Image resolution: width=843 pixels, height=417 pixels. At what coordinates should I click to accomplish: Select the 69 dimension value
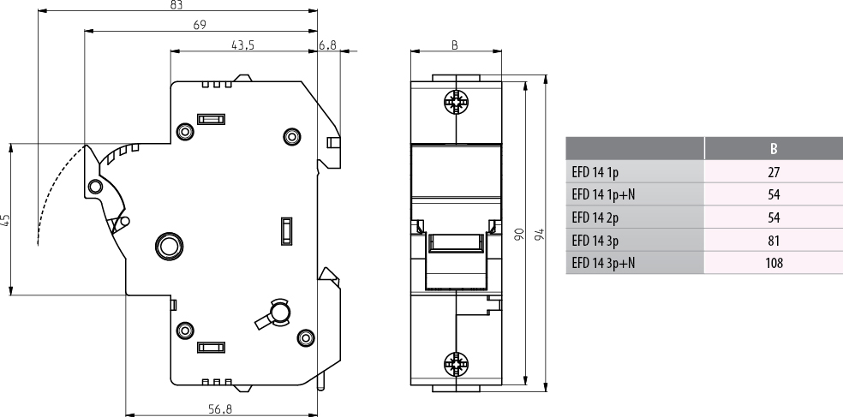pyautogui.click(x=199, y=26)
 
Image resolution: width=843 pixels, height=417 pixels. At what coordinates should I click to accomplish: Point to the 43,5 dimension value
pyautogui.click(x=243, y=45)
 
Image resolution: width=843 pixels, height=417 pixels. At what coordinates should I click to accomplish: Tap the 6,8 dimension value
pyautogui.click(x=327, y=45)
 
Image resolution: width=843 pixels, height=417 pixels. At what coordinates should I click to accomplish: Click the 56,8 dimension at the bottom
pyautogui.click(x=221, y=408)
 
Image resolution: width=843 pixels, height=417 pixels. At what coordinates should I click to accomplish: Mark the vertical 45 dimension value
pyautogui.click(x=6, y=219)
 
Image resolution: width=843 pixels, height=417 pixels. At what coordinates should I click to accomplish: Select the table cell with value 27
pyautogui.click(x=774, y=172)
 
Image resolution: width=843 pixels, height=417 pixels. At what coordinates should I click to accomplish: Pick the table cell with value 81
pyautogui.click(x=774, y=241)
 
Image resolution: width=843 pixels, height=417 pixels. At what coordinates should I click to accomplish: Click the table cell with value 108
pyautogui.click(x=774, y=263)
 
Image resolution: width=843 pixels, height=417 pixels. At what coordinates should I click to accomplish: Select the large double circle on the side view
pyautogui.click(x=168, y=246)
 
